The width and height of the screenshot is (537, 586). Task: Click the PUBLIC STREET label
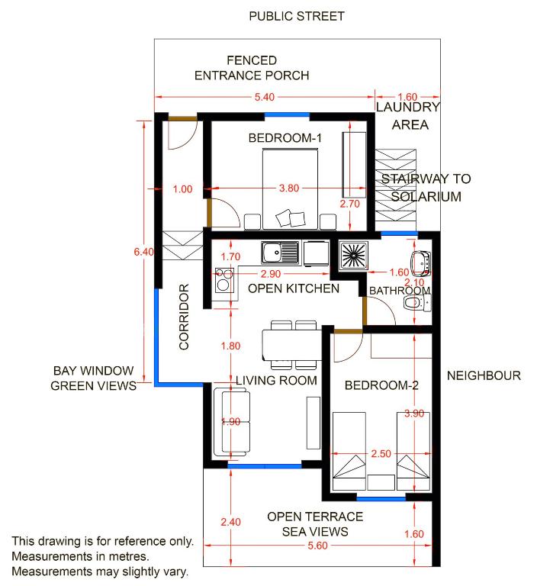296,16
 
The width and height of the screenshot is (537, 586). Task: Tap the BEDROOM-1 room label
285,138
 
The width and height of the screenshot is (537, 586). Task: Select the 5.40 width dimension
264,97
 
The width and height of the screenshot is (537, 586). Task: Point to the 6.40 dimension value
144,252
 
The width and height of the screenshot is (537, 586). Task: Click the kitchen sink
280,253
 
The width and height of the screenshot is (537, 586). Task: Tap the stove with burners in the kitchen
224,280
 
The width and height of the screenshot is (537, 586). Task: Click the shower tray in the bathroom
353,256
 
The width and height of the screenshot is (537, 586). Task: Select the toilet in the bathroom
417,303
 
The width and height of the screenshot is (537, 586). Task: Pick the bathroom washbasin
421,263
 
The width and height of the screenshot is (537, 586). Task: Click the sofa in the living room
231,422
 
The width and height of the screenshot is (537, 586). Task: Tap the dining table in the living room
292,345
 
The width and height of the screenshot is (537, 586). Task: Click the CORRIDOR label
184,317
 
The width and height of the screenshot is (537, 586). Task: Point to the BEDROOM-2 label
381,385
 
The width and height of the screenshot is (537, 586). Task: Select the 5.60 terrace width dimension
317,546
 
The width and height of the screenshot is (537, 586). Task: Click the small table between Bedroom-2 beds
381,482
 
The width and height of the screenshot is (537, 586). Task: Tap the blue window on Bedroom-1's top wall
287,115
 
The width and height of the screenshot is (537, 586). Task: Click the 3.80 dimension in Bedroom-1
289,188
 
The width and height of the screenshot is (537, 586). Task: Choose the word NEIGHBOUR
484,375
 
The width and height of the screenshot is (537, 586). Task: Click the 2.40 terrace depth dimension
230,522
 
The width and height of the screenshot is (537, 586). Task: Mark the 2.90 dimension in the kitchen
271,274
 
